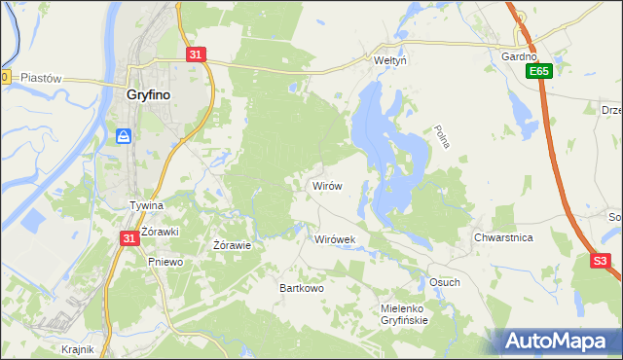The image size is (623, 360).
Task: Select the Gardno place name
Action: pos(519,56)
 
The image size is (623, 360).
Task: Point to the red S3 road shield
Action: pos(602,261)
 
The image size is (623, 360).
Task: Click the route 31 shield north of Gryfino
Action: pos(196,55)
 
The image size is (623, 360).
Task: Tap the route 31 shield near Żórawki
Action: pos(129,237)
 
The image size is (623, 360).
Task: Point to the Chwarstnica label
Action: pos(503,237)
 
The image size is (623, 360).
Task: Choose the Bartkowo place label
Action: pos(302,289)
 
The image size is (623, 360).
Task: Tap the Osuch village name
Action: pos(444,282)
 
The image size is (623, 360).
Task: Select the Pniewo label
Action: pos(165,262)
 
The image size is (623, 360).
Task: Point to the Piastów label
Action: pos(41,78)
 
